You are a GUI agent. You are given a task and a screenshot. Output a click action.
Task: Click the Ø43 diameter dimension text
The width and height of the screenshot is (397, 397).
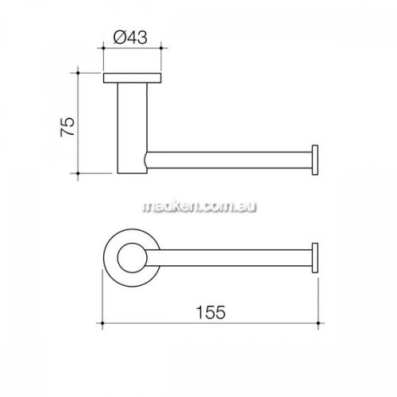(130, 37)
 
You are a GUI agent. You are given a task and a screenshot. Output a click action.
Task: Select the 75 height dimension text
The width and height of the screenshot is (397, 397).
(67, 126)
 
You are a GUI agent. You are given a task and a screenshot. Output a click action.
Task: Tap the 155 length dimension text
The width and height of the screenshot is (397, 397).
(210, 312)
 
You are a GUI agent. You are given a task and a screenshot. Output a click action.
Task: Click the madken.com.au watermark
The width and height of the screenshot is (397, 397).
(200, 206)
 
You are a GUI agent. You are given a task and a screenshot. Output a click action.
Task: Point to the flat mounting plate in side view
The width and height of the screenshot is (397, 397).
(132, 78)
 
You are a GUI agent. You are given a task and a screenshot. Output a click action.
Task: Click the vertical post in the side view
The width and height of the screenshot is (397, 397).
(132, 129)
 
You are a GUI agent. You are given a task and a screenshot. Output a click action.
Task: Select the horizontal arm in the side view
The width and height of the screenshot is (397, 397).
(229, 160)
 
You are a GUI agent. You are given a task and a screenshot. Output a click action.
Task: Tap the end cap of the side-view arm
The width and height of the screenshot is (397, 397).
(315, 160)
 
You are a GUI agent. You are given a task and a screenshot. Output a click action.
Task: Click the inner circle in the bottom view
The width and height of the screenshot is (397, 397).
(132, 257)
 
